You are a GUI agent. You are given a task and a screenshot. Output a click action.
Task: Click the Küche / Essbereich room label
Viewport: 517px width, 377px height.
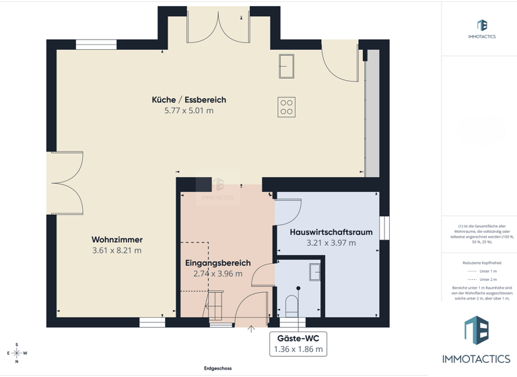[x=188, y=100]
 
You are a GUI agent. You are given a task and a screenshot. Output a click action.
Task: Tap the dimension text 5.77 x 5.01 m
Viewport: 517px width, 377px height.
[x=188, y=110]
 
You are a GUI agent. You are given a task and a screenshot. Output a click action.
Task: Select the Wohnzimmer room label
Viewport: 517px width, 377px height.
[x=117, y=240]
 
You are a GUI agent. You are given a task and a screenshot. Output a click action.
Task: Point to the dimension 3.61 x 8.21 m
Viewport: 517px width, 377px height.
[x=117, y=250]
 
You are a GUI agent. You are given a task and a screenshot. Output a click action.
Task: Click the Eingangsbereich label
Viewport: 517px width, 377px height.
[x=217, y=263]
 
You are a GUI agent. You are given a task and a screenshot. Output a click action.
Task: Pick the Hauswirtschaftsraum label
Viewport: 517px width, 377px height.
[x=331, y=232]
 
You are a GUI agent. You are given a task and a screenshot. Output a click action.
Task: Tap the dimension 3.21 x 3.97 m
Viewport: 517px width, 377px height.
[x=331, y=243]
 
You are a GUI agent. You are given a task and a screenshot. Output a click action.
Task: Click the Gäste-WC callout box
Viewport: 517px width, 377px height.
[x=298, y=344]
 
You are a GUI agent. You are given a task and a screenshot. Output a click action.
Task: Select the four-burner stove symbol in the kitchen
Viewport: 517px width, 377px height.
[x=286, y=107]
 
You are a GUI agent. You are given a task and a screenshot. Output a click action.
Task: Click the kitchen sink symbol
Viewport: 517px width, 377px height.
[x=286, y=67]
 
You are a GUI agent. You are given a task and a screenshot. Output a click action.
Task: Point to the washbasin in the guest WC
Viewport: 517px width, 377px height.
[x=315, y=272]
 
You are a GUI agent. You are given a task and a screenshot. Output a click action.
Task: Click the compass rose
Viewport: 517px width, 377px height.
[x=17, y=353]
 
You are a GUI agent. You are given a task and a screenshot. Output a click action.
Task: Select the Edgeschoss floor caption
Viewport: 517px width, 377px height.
[x=217, y=368]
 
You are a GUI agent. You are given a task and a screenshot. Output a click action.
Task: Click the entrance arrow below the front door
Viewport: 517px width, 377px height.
[x=251, y=329]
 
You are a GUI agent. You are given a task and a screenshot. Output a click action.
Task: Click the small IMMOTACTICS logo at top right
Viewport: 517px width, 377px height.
[x=481, y=29]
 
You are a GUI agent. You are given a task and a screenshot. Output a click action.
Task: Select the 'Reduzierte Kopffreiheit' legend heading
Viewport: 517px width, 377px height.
[x=482, y=263]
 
